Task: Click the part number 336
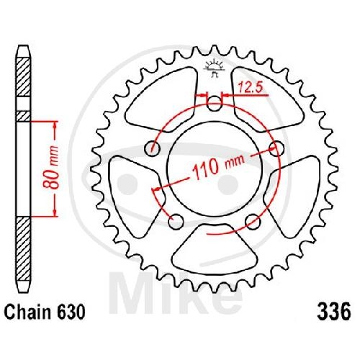(334, 311)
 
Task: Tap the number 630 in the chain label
(71, 312)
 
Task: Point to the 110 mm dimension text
(218, 166)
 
